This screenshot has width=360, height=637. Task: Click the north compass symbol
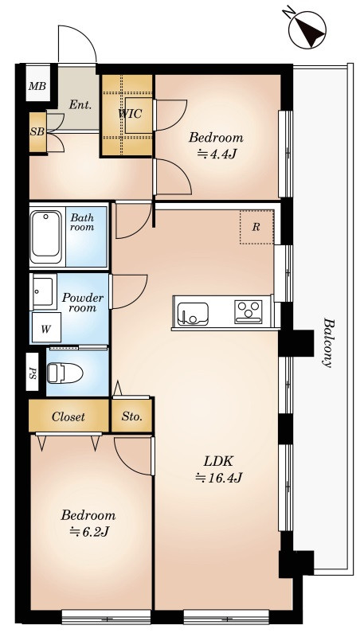[307, 29]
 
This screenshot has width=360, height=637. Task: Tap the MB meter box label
[37, 87]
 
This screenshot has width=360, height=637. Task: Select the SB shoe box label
[37, 132]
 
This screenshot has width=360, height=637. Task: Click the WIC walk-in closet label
[130, 114]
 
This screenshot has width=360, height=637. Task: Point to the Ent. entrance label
[80, 104]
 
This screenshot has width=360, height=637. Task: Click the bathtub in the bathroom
[46, 236]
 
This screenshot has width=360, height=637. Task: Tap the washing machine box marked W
[46, 328]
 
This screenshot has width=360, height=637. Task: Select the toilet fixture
[65, 373]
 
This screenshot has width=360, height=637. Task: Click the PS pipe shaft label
[33, 373]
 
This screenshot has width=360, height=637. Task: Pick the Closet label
[68, 416]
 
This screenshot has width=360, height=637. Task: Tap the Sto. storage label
[132, 416]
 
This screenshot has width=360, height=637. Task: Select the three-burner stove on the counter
[248, 312]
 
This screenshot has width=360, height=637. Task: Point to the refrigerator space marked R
[256, 227]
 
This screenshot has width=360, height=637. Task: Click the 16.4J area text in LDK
[219, 479]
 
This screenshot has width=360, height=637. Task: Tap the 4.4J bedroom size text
[217, 154]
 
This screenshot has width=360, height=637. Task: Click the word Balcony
[328, 342]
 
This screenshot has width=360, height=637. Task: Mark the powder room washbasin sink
[42, 291]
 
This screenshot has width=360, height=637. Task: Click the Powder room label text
[83, 303]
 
